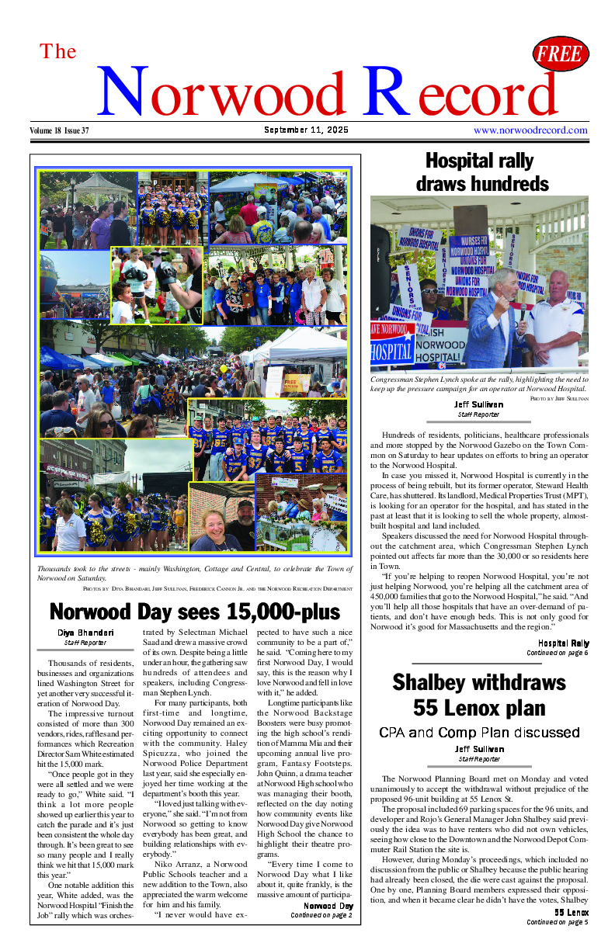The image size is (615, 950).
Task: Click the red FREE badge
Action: click(561, 54)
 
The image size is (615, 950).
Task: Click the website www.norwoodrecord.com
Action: click(530, 130)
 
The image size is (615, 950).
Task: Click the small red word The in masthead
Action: click(58, 52)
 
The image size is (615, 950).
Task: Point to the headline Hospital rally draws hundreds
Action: click(481, 172)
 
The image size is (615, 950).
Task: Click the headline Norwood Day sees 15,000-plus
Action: click(195, 612)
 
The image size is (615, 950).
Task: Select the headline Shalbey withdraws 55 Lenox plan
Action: click(479, 695)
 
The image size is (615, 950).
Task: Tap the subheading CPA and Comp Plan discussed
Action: click(479, 733)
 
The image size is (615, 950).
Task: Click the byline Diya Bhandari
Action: click(85, 633)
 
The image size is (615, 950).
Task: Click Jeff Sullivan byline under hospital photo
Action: click(478, 404)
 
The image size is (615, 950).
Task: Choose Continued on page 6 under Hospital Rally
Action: click(558, 653)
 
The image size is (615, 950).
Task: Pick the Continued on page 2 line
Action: click(321, 915)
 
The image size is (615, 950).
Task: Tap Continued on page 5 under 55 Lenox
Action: click(558, 921)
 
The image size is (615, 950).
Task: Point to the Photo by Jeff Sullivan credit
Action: click(559, 397)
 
